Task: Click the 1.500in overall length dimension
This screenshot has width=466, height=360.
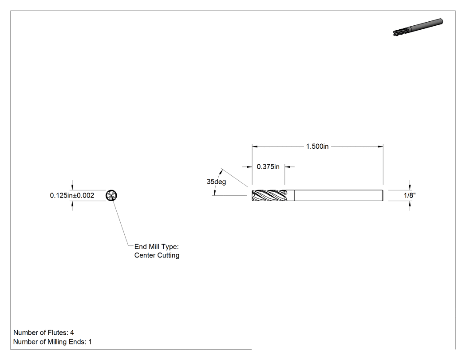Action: [317, 146]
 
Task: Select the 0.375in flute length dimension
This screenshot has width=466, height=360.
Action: [268, 166]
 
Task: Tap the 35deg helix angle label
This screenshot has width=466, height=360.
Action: [217, 182]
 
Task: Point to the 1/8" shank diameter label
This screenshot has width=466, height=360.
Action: [410, 195]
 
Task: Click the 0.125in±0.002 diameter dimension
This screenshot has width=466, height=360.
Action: [72, 195]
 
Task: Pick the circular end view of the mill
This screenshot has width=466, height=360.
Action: [111, 195]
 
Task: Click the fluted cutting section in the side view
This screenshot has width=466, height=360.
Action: [269, 196]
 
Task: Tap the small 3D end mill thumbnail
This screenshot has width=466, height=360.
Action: [418, 27]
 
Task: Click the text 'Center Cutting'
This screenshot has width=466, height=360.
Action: [157, 255]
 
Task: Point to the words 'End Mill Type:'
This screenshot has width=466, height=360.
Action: [156, 246]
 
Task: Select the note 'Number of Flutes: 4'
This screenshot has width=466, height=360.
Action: [43, 332]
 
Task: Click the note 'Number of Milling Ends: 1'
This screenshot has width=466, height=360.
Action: [53, 341]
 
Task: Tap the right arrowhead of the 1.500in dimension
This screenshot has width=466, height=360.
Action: [380, 146]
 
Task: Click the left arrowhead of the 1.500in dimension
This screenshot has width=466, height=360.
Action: [255, 146]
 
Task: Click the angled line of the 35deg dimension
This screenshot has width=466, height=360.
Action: [234, 178]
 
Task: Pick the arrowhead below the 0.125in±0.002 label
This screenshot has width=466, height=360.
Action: [72, 204]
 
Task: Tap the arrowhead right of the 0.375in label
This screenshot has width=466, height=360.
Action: [288, 167]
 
